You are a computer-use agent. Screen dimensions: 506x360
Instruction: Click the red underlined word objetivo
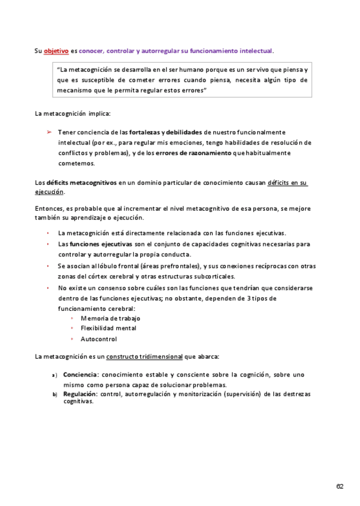(x=56, y=51)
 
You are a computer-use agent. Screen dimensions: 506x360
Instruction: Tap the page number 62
(x=340, y=486)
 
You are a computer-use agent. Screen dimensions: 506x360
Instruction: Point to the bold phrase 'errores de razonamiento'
(x=193, y=153)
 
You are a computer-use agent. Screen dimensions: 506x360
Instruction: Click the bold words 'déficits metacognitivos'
(x=82, y=183)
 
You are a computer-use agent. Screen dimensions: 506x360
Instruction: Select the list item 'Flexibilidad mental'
(x=108, y=328)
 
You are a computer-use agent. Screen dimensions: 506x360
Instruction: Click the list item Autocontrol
(x=99, y=338)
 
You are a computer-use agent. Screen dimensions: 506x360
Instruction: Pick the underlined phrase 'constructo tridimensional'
(x=144, y=356)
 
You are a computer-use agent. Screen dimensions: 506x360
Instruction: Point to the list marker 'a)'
(x=54, y=375)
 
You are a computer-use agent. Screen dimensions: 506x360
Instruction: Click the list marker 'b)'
(x=54, y=395)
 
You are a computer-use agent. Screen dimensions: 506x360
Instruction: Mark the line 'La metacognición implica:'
(x=73, y=113)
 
